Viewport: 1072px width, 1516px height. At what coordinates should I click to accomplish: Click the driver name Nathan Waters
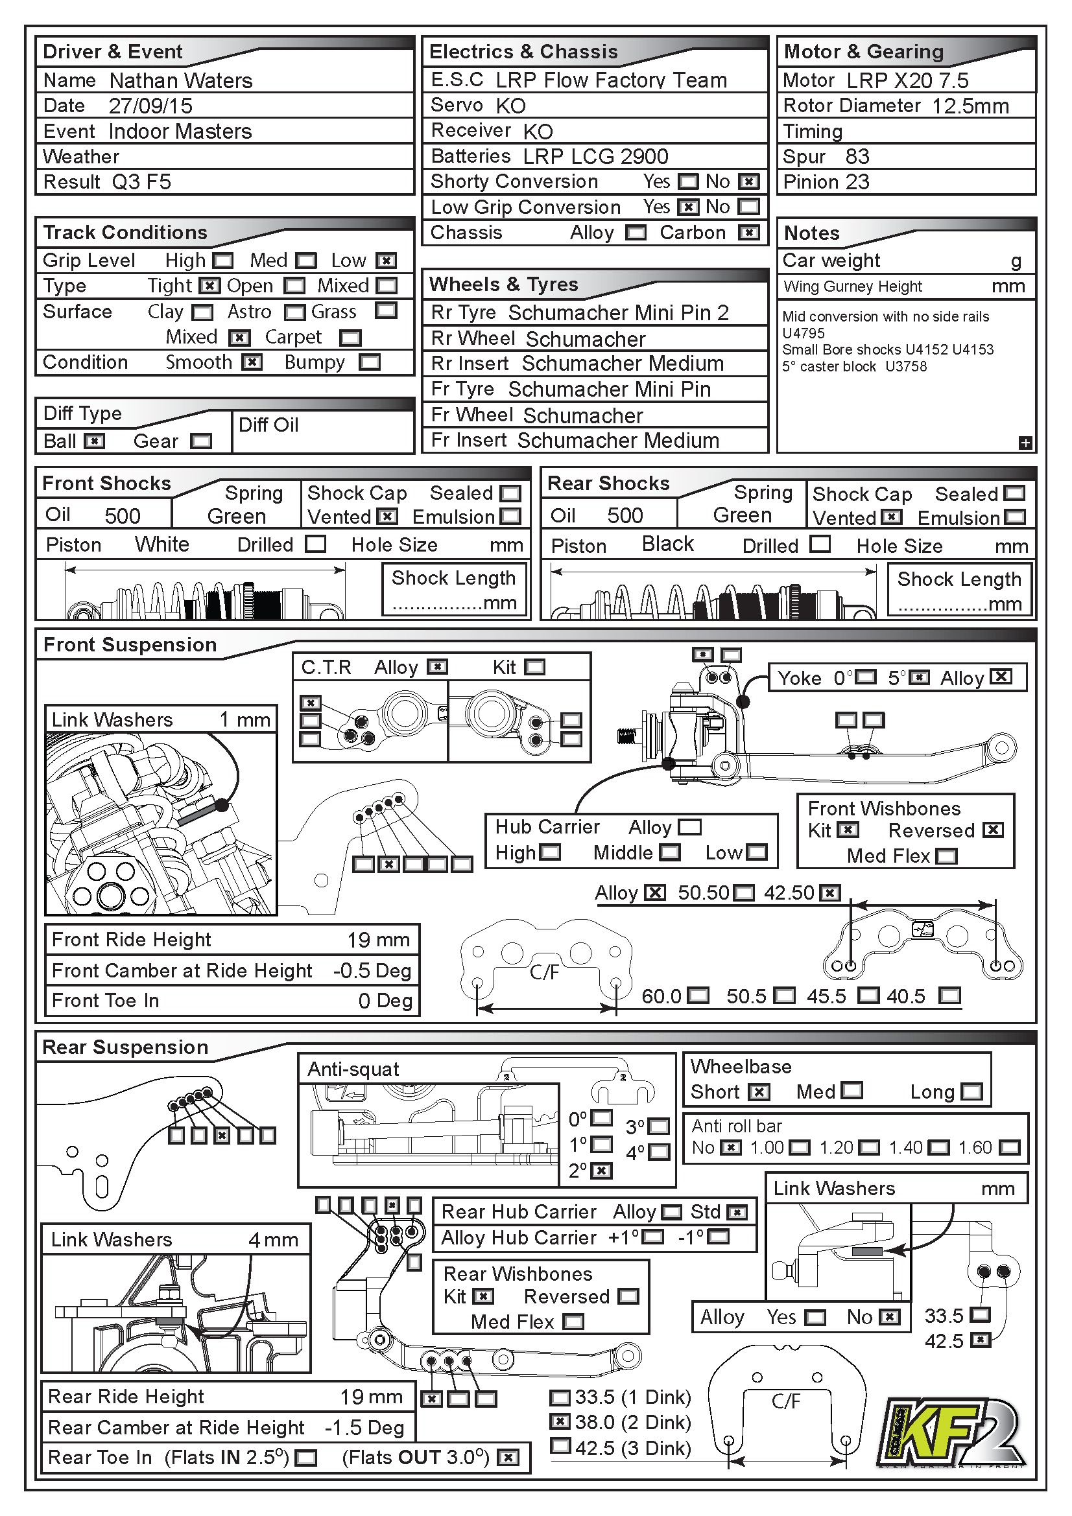click(181, 80)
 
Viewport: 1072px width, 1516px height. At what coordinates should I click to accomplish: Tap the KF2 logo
click(952, 1432)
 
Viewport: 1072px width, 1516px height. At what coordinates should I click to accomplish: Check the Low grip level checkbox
click(386, 261)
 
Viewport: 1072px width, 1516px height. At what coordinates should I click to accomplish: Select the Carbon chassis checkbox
click(748, 233)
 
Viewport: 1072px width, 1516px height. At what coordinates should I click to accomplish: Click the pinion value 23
click(858, 182)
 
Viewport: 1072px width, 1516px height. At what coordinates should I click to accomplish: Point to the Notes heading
click(812, 233)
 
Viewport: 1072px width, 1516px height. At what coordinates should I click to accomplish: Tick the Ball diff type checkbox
click(95, 441)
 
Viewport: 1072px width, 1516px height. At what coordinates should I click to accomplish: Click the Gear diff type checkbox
click(201, 441)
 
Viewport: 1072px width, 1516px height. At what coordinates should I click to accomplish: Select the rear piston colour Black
click(668, 544)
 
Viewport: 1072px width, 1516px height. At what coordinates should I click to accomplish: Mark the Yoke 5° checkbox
click(920, 677)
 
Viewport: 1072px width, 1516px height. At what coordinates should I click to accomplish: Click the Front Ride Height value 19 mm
click(379, 940)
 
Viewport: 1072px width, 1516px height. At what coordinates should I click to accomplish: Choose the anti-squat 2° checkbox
click(601, 1171)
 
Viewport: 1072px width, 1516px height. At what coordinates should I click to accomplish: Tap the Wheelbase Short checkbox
click(759, 1092)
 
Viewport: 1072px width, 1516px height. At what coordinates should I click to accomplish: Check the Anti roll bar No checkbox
click(730, 1148)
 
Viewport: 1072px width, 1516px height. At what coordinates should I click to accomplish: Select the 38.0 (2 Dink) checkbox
click(560, 1421)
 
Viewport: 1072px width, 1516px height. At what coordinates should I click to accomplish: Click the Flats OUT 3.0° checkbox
click(507, 1458)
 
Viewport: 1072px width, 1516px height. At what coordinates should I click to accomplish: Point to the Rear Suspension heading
click(126, 1047)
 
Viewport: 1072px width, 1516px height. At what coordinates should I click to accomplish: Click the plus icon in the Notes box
click(1025, 443)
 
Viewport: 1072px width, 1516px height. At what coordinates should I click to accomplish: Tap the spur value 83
click(857, 157)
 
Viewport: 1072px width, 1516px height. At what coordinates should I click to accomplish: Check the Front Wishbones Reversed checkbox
click(993, 830)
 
